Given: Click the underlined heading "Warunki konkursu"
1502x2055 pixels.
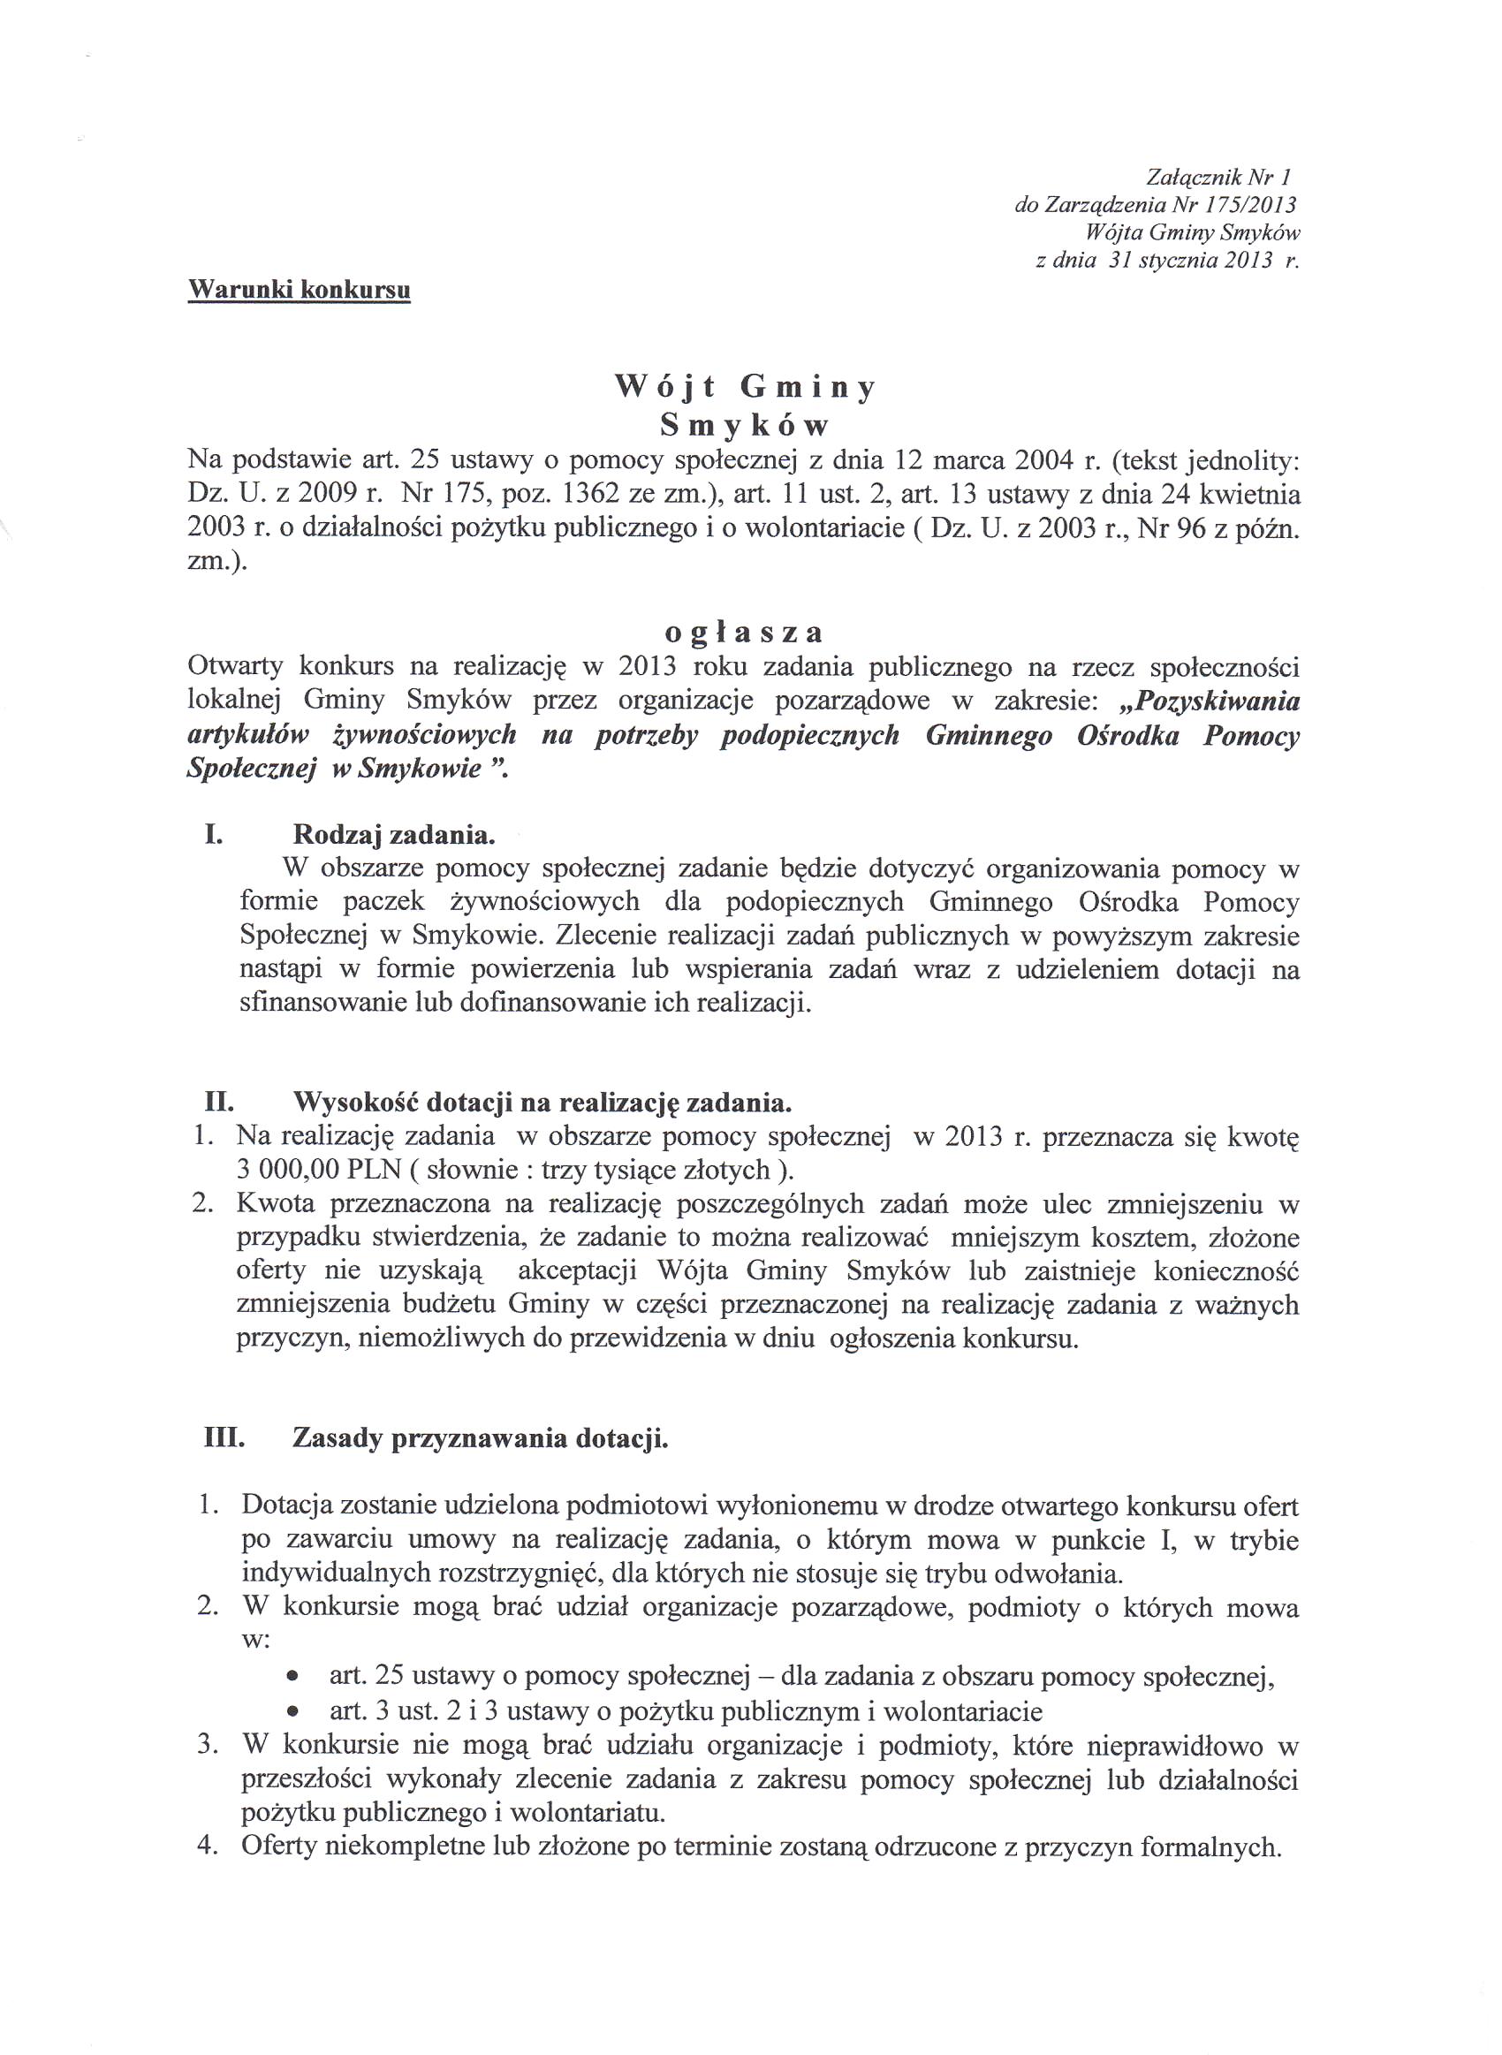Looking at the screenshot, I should (299, 290).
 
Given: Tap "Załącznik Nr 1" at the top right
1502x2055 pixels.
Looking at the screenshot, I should (1219, 177).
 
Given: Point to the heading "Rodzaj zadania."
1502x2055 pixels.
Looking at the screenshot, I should (394, 834).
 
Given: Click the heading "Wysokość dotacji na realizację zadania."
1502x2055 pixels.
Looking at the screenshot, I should (542, 1103).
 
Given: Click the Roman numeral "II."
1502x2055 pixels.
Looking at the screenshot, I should (219, 1103).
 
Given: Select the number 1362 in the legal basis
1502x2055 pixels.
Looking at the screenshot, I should (594, 495).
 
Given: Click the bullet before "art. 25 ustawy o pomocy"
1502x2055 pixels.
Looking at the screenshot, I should (292, 1676).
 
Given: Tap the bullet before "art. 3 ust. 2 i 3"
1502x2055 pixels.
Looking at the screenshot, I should (292, 1711).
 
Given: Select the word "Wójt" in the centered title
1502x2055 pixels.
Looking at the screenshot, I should (664, 388).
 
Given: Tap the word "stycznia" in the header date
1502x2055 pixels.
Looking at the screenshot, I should (1174, 261).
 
